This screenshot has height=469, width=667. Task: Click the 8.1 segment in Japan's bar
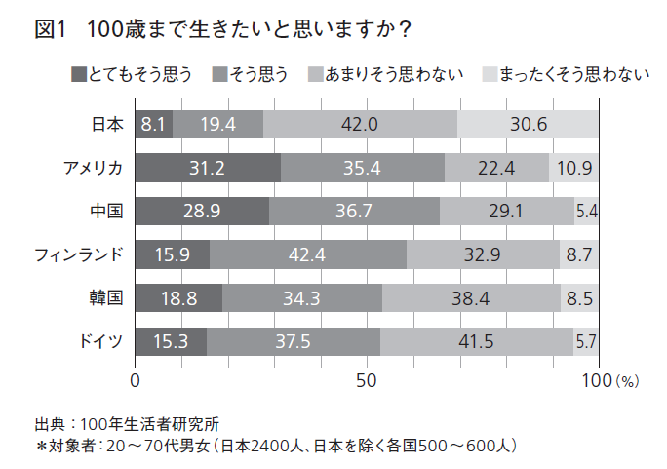(x=153, y=124)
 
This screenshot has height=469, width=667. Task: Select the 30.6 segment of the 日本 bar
(x=529, y=124)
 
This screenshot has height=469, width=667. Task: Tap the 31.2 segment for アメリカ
(x=207, y=168)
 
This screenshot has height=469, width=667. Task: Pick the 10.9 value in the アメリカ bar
(x=574, y=168)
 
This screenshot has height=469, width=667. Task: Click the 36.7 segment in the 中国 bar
(x=354, y=211)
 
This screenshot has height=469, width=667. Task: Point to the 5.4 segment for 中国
(x=587, y=211)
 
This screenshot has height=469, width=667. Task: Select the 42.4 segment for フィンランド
(x=308, y=254)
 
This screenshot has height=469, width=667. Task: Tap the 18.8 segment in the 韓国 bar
(x=178, y=298)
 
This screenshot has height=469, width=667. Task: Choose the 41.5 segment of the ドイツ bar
(x=477, y=341)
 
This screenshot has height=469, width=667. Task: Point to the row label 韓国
(x=106, y=298)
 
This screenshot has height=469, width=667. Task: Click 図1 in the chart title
(x=48, y=30)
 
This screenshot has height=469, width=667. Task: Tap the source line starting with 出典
(x=127, y=424)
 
